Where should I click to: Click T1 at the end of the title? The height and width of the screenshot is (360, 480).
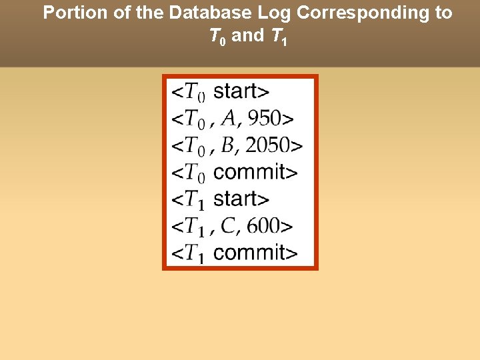coord(279,37)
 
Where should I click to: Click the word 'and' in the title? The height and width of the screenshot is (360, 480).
coord(248,36)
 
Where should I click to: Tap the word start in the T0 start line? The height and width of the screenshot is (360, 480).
coord(241,91)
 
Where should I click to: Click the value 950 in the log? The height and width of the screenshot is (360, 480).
coord(265,118)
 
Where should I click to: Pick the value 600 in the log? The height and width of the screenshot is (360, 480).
coord(265,225)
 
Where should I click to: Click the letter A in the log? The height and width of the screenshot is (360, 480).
coord(229,118)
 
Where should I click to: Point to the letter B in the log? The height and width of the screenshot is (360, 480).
coord(227,145)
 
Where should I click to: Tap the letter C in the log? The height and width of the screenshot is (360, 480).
coord(228,225)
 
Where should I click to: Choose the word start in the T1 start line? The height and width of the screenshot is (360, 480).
coord(241,199)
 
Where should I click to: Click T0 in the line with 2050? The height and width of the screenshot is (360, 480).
coord(195,146)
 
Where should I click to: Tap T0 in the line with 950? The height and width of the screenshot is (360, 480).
coord(195,119)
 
